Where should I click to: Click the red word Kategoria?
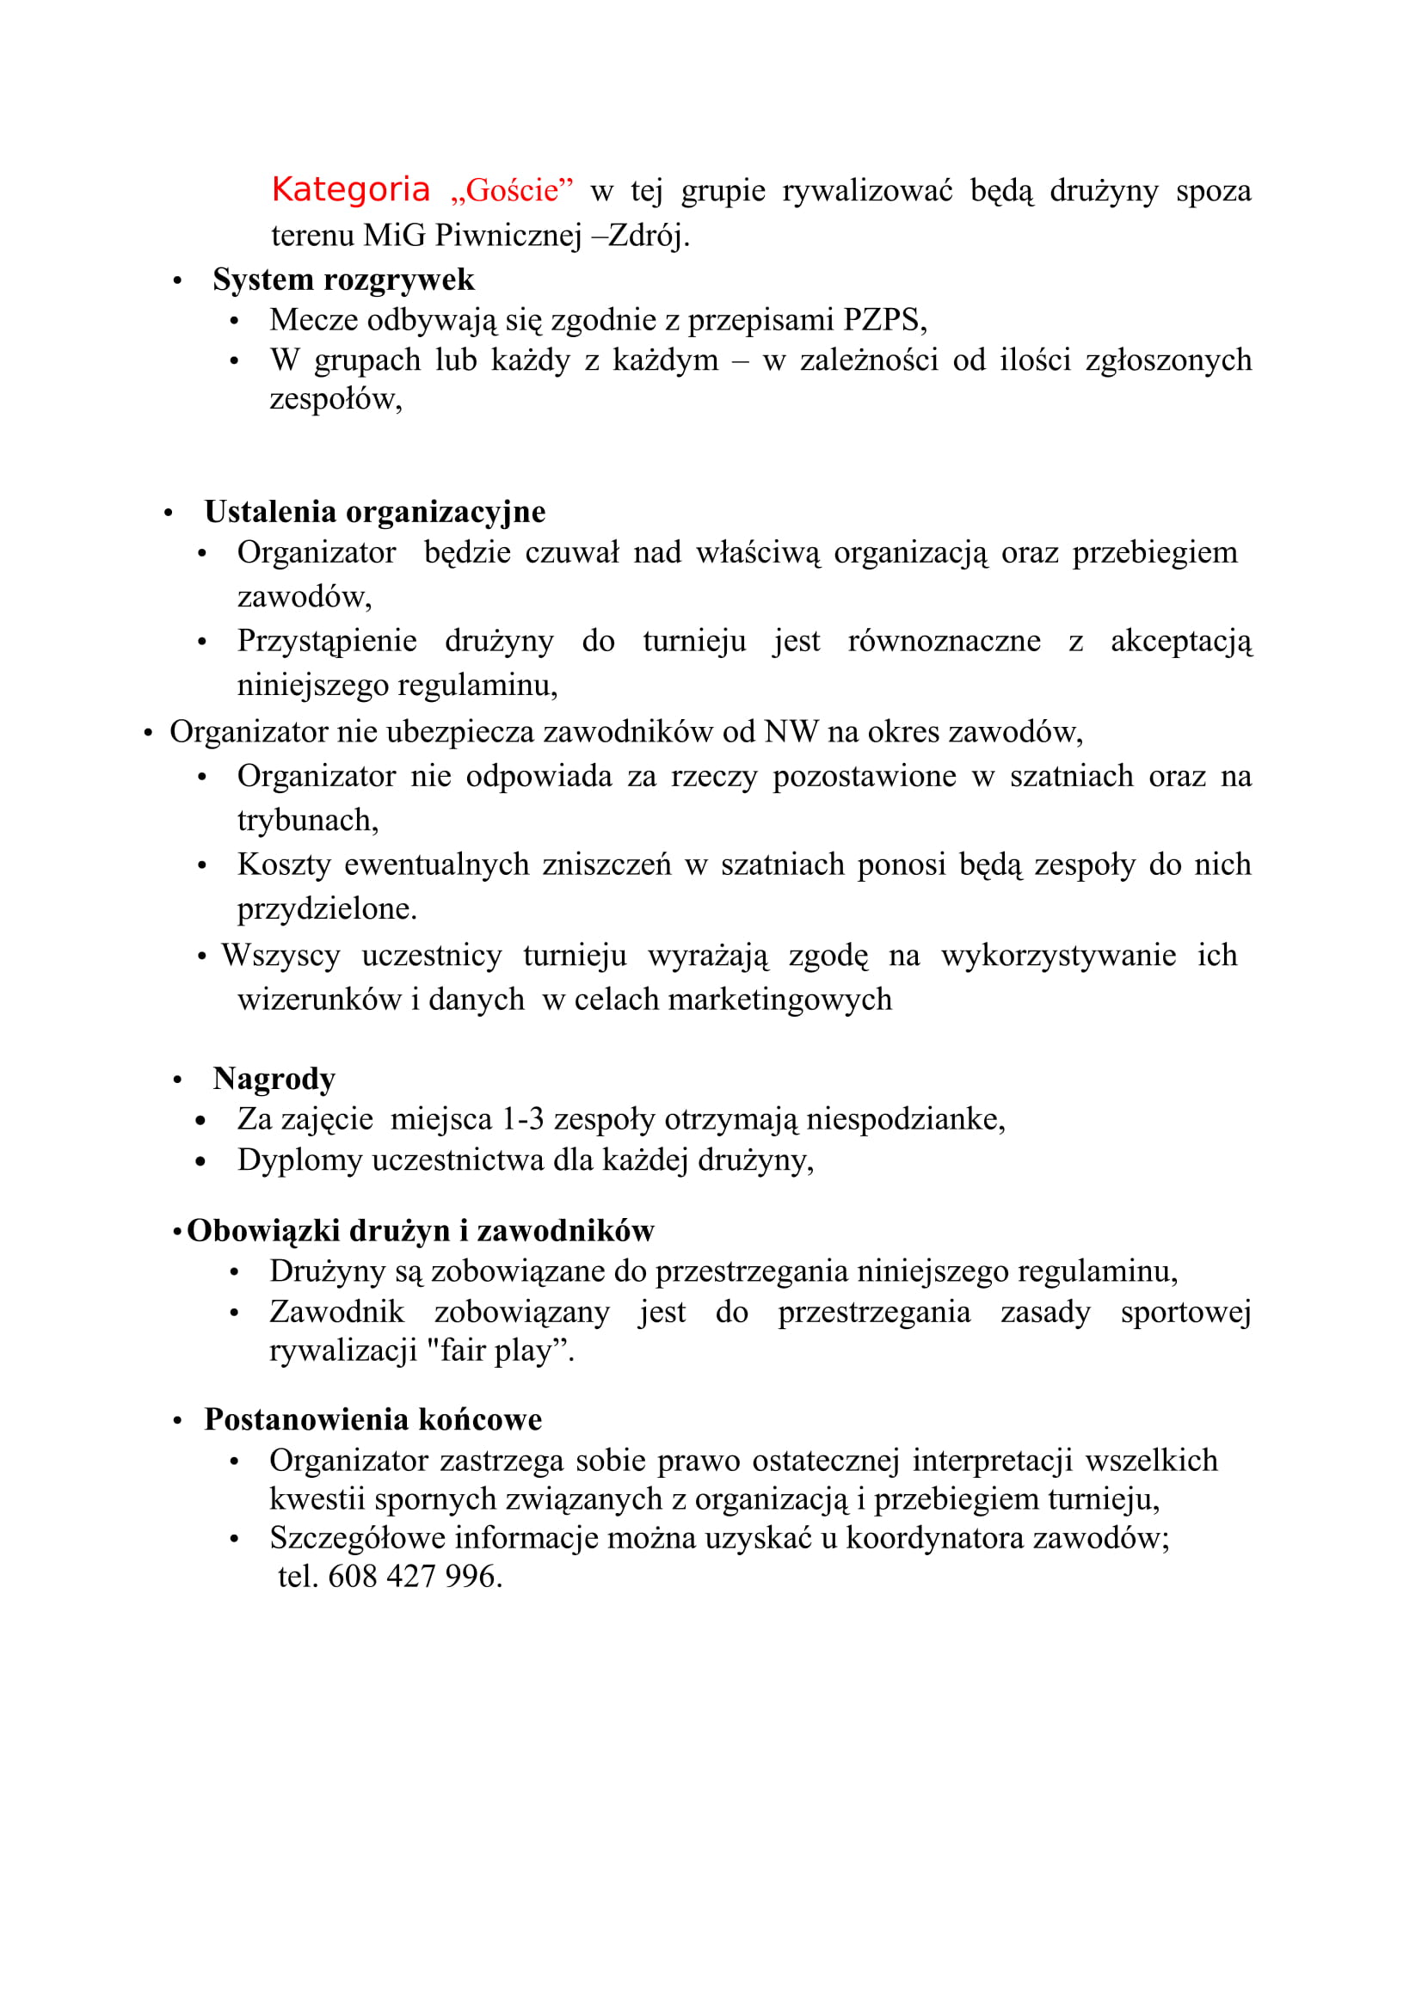(350, 190)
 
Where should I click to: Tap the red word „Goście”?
(512, 190)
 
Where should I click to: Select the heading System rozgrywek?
(343, 280)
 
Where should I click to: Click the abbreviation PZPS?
(881, 320)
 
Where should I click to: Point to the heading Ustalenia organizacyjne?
(375, 512)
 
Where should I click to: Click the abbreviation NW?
(791, 732)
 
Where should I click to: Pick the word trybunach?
(306, 821)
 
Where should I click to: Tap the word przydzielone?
(326, 908)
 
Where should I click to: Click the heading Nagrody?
(274, 1079)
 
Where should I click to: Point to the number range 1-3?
(522, 1120)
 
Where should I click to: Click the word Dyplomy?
(299, 1161)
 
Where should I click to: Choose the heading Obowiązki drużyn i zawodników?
(421, 1231)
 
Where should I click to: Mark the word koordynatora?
(936, 1538)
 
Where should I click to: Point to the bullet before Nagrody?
(178, 1080)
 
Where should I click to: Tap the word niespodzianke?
(904, 1120)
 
